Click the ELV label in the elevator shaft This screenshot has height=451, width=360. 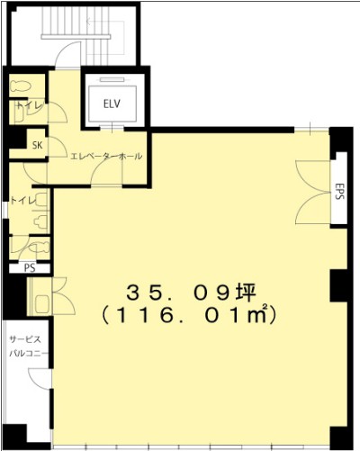(x=112, y=104)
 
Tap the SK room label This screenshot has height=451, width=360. (x=38, y=146)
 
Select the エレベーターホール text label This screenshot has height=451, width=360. (x=106, y=157)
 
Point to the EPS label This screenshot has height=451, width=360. (x=339, y=191)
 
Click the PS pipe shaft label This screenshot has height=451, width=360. (x=30, y=267)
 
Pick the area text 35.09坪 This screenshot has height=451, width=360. (x=191, y=293)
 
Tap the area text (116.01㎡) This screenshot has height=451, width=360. (x=189, y=316)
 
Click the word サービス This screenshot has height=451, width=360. (x=25, y=339)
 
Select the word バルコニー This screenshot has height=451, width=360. (x=29, y=354)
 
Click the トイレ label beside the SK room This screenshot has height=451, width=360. (x=30, y=105)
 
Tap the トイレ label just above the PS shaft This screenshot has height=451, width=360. (x=23, y=201)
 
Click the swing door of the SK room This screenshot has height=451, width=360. (x=57, y=147)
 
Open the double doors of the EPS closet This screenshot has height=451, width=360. (x=313, y=192)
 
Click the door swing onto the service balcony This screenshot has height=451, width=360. (x=40, y=380)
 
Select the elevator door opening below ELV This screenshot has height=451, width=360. (x=112, y=128)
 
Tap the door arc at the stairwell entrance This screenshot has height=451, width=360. (x=67, y=53)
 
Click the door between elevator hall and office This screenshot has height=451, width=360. (x=106, y=175)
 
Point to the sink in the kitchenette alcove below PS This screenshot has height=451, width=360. (x=40, y=303)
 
